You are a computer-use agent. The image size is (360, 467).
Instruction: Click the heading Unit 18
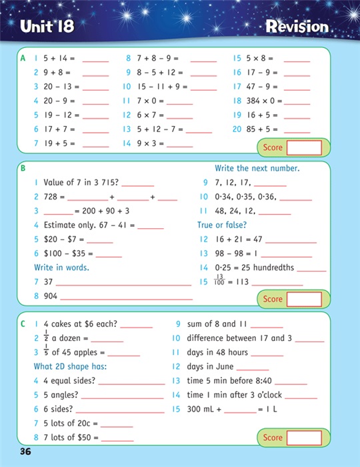(x=47, y=27)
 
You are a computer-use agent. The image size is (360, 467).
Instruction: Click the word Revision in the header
(x=297, y=27)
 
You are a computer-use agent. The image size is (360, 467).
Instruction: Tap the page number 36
(x=26, y=452)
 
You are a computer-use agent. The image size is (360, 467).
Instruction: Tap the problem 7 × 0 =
(x=142, y=101)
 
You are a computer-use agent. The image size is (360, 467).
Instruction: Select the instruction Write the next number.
(x=257, y=169)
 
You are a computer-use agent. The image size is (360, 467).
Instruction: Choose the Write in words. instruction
(x=61, y=268)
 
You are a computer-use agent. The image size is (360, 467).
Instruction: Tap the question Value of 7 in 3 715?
(x=81, y=183)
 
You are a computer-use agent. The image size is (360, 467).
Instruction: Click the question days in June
(x=209, y=366)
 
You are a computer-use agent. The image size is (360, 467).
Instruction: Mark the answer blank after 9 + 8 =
(x=95, y=73)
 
